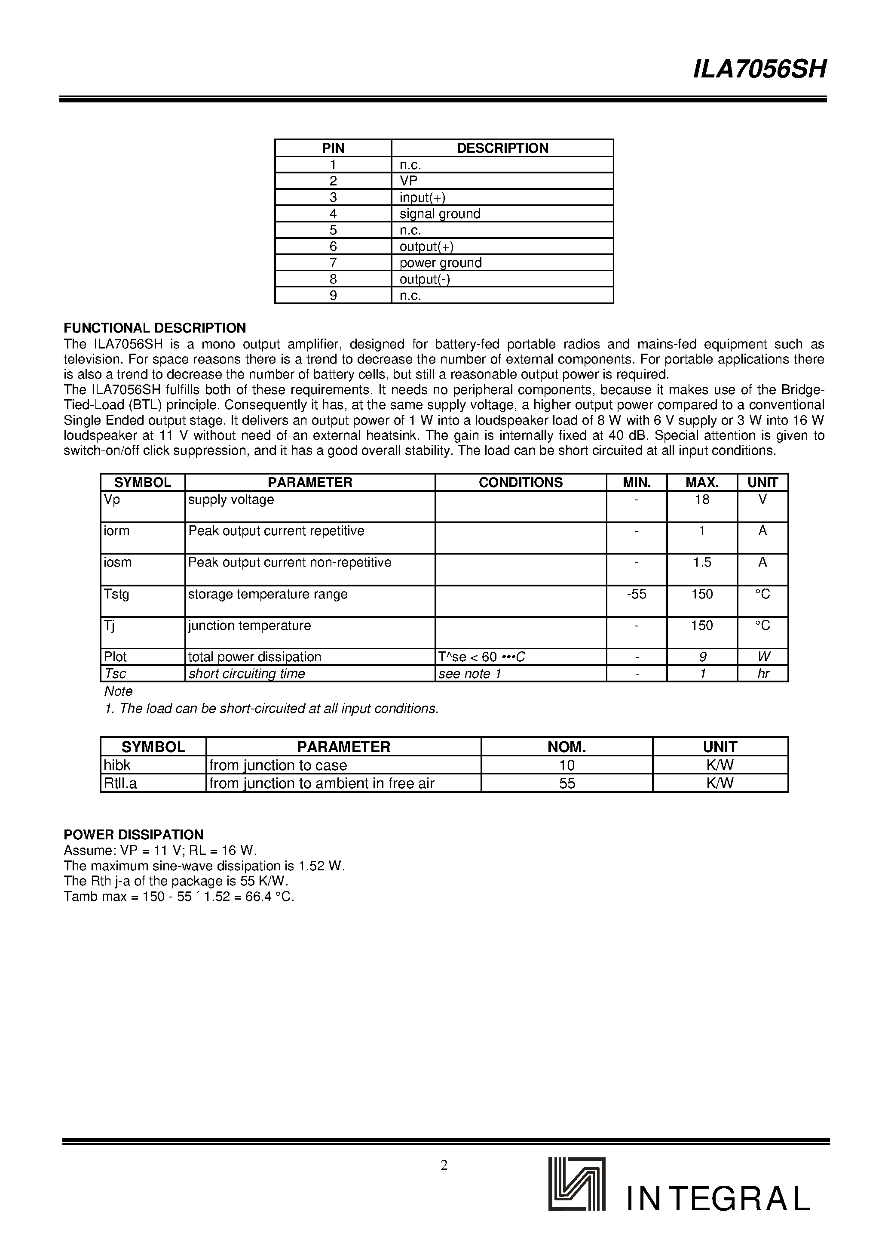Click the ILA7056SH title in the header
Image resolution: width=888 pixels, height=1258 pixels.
coord(759,70)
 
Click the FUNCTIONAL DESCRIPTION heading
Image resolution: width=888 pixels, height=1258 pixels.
coord(155,328)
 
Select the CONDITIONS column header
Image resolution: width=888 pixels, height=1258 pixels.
coord(520,482)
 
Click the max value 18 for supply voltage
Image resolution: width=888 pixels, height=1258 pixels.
coord(702,499)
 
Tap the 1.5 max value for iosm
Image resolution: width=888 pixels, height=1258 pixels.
coord(702,563)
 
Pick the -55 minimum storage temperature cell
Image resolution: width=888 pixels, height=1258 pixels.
coord(636,595)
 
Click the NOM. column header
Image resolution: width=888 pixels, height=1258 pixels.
coord(566,747)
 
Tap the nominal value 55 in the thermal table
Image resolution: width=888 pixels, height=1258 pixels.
coord(566,783)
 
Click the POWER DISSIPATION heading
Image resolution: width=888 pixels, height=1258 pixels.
coord(134,835)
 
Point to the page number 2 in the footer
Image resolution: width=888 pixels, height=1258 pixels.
coord(444,1165)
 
